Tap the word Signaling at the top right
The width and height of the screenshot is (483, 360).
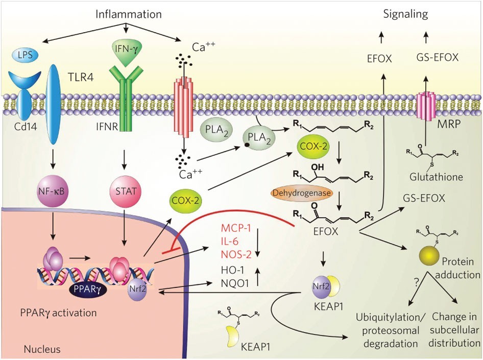[405, 14]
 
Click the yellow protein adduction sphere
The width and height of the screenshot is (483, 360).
[429, 258]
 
